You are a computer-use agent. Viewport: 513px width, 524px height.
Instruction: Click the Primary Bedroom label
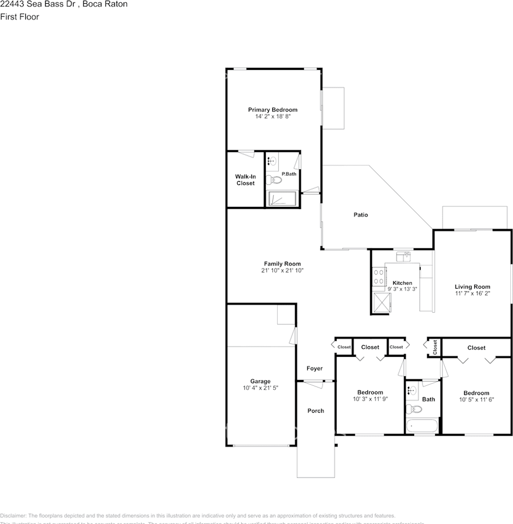[272, 110]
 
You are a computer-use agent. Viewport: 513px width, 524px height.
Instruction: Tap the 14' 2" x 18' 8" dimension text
[272, 116]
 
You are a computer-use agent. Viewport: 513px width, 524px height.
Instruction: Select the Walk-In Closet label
[245, 180]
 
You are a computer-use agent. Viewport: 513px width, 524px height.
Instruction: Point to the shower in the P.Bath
[282, 199]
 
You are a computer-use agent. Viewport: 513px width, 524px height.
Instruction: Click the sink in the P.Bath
[272, 160]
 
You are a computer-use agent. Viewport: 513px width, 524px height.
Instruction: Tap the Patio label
[360, 215]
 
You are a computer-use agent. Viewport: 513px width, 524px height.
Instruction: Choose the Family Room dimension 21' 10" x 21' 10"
[282, 270]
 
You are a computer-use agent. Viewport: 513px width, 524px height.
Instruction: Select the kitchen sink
[404, 255]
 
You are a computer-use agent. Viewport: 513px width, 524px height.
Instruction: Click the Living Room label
[473, 287]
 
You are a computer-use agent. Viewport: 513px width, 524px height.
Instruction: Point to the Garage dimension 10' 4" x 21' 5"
[260, 388]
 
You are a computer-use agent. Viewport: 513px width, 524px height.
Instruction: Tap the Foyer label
[314, 368]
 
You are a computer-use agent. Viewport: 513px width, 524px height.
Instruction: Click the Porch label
[315, 410]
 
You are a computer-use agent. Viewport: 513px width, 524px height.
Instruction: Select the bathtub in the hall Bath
[421, 426]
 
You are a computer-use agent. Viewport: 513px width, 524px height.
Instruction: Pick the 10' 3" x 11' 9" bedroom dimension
[369, 399]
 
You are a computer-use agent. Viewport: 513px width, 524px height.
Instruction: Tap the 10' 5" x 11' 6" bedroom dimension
[476, 400]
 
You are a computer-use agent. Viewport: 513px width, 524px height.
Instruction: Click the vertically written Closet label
[435, 347]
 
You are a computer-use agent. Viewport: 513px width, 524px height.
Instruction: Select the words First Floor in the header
[20, 16]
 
